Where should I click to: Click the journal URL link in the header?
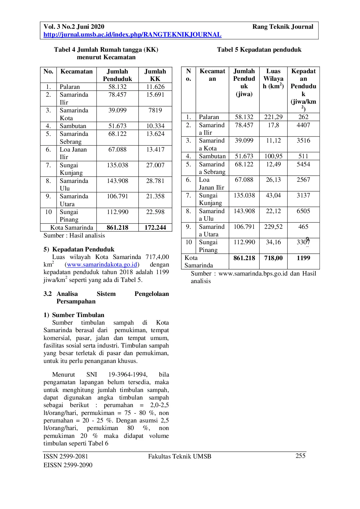pos(132,35)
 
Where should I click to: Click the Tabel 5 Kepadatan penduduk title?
pos(259,50)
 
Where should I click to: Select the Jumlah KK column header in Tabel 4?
pos(155,75)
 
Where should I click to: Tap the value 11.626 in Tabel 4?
pos(155,87)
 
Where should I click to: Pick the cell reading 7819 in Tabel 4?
pos(155,110)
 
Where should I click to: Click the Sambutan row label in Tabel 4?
pos(73,126)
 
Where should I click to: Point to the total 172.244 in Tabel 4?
pos(155,228)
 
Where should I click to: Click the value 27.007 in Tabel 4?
pos(155,165)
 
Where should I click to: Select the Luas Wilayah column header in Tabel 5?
pos(273,79)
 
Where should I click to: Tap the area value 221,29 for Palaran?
pos(273,117)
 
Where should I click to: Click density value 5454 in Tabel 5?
pos(303,164)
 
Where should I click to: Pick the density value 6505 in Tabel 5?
pos(303,211)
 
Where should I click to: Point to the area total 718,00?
pos(273,258)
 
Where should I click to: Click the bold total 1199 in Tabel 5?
pos(303,258)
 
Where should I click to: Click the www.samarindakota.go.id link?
pos(102,265)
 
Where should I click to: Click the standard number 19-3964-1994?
pos(128,375)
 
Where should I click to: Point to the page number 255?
pos(300,456)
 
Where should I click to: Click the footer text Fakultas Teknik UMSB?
pos(180,456)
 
